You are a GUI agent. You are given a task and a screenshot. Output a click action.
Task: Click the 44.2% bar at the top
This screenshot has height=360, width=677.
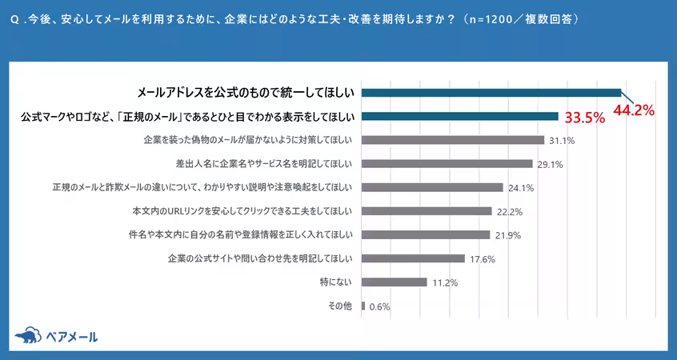[491, 92]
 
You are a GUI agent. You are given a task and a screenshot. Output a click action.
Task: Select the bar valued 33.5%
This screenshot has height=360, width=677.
[460, 116]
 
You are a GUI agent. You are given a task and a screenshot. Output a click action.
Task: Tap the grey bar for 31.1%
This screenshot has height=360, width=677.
[453, 140]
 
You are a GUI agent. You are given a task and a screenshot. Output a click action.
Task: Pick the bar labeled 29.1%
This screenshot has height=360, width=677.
[447, 164]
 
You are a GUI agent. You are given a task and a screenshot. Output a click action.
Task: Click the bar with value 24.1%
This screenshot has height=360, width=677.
[433, 187]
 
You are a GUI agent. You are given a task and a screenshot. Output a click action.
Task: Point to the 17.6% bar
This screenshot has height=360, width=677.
[414, 258]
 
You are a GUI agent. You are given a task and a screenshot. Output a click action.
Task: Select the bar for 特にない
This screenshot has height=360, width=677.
[395, 282]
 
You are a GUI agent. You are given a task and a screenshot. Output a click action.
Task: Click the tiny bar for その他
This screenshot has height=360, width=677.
[363, 306]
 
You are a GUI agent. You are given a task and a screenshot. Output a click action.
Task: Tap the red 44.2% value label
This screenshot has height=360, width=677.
[634, 110]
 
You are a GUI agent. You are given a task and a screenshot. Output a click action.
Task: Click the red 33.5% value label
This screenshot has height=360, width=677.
[584, 118]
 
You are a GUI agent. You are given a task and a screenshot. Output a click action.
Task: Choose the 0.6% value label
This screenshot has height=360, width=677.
[380, 306]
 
